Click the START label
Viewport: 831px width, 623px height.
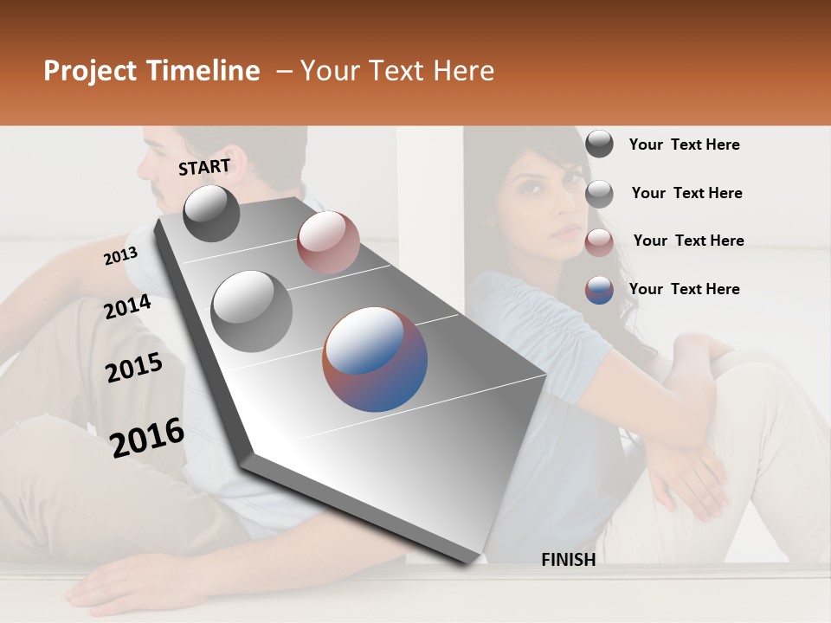pyautogui.click(x=204, y=167)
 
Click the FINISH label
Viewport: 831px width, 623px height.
pyautogui.click(x=568, y=560)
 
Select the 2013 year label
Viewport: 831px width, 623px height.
pyautogui.click(x=120, y=256)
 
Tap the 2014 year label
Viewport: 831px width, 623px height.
pyautogui.click(x=127, y=306)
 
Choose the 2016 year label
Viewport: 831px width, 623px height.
pyautogui.click(x=147, y=437)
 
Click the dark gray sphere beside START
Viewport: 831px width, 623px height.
pyautogui.click(x=211, y=213)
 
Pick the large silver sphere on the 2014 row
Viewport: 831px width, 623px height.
pyautogui.click(x=251, y=311)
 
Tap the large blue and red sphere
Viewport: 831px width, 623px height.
pyautogui.click(x=375, y=359)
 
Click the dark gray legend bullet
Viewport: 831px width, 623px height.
pyautogui.click(x=599, y=144)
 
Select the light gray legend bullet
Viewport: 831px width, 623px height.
pyautogui.click(x=599, y=194)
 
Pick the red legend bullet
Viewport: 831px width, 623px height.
pyautogui.click(x=599, y=242)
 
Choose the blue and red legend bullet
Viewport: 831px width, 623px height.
pyautogui.click(x=599, y=290)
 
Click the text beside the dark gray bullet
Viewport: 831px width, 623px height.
pyautogui.click(x=684, y=145)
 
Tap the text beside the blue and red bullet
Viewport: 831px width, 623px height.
pyautogui.click(x=684, y=289)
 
